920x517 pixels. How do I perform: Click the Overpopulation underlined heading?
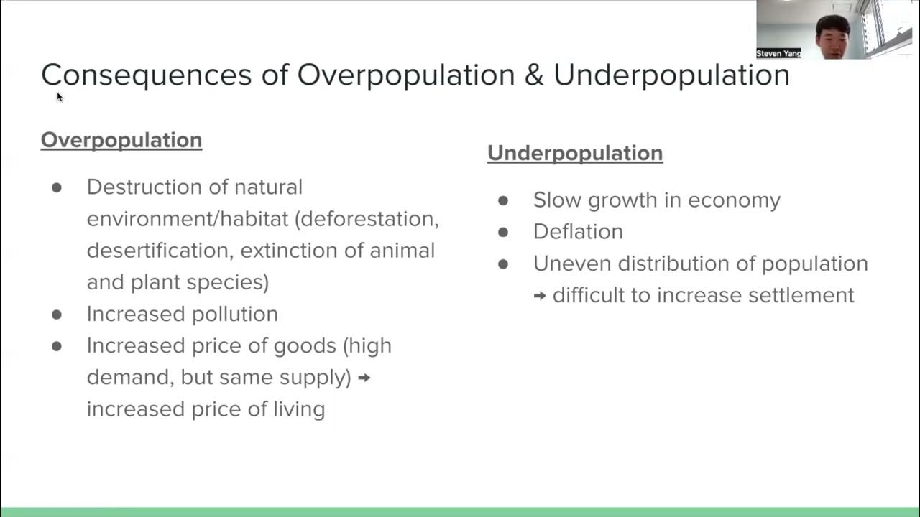point(121,139)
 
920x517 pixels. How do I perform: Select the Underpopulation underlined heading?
point(574,153)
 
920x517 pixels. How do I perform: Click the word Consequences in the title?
point(146,75)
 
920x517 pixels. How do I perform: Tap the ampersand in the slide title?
point(533,75)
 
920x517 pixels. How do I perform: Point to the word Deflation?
point(577,231)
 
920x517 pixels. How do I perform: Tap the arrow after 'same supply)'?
point(364,377)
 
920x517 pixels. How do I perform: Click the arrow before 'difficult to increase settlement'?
point(540,295)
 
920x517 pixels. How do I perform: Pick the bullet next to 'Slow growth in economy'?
point(502,200)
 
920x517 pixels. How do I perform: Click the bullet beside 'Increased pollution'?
point(57,314)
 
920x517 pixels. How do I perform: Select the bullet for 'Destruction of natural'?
point(57,187)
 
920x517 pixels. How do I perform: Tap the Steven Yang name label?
point(778,54)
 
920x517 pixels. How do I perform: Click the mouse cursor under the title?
point(60,97)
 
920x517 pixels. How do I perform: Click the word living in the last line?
point(297,409)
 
